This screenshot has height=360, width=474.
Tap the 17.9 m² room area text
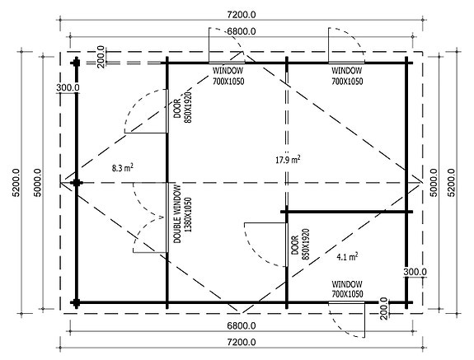[286, 159]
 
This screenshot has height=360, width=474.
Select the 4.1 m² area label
[347, 257]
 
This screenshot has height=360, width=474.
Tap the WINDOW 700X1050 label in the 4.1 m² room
[347, 289]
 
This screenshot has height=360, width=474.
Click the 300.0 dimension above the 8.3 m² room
[68, 86]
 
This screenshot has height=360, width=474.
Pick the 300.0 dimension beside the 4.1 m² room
[415, 271]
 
